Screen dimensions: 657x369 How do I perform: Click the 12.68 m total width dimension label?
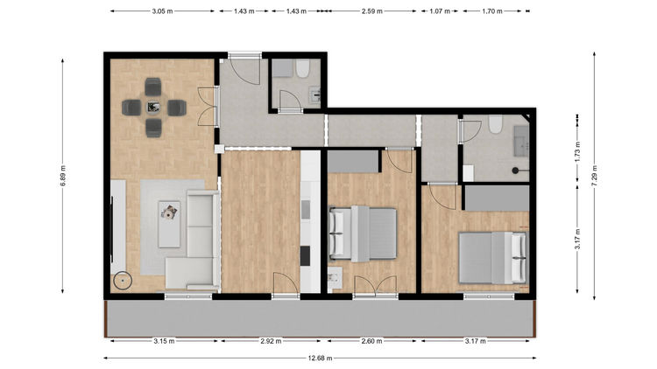tap(320, 358)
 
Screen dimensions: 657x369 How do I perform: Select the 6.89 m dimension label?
tap(63, 176)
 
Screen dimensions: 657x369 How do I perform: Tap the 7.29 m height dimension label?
tap(594, 177)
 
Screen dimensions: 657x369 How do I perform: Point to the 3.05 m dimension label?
tap(162, 11)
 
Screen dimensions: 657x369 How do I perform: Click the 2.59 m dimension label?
tap(372, 11)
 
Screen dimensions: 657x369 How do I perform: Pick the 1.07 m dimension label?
tap(440, 11)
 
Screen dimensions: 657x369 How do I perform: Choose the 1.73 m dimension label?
tap(577, 153)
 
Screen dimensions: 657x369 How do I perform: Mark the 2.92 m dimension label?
tap(271, 341)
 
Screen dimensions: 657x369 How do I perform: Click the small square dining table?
tap(154, 108)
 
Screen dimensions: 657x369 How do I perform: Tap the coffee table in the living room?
tap(169, 224)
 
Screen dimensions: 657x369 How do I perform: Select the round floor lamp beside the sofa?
tap(123, 281)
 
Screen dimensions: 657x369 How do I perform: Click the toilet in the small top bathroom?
tap(302, 69)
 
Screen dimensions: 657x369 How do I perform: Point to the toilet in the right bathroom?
tap(495, 124)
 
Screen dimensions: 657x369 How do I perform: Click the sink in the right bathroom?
tap(522, 141)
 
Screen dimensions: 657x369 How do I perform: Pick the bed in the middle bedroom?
tap(363, 233)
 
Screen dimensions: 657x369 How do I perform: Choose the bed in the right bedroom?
tap(492, 258)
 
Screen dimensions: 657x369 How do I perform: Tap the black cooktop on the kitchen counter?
tap(306, 256)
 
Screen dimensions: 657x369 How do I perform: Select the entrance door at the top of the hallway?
tap(245, 68)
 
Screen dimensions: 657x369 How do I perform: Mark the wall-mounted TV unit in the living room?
tap(117, 226)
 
